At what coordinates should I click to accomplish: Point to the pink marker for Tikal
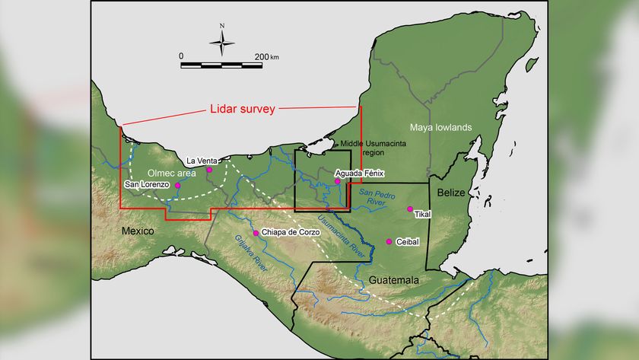tap(410, 209)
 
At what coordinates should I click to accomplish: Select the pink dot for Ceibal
tap(389, 241)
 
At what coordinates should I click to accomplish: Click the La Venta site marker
tap(209, 170)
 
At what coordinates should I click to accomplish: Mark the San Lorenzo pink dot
tap(177, 185)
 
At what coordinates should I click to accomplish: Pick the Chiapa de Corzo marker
tap(256, 232)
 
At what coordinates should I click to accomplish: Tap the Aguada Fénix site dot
tap(338, 182)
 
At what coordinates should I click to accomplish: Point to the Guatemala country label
tap(394, 281)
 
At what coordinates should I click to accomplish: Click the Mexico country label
tap(137, 231)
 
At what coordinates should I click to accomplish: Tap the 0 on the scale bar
tap(181, 56)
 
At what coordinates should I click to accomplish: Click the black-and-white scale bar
tap(221, 65)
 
